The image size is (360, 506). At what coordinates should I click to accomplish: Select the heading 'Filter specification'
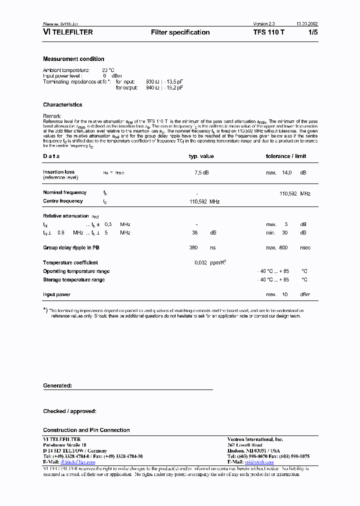[180, 32]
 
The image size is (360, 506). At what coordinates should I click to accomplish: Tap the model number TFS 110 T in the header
[269, 32]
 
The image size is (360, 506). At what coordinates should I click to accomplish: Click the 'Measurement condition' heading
[73, 59]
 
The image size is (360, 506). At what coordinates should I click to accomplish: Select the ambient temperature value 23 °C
[108, 70]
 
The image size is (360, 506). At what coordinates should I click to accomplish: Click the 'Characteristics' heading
[62, 105]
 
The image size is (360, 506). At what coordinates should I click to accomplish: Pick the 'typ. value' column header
[201, 156]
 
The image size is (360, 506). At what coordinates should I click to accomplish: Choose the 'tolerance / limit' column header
[285, 156]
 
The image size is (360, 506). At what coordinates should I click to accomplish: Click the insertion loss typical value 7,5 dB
[201, 172]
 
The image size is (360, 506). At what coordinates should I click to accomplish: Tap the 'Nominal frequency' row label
[64, 192]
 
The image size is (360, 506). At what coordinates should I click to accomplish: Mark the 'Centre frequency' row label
[63, 201]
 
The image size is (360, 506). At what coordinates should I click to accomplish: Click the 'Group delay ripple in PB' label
[74, 247]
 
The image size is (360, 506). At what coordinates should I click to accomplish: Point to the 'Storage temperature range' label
[74, 280]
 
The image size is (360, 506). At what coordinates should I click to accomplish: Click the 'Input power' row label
[56, 295]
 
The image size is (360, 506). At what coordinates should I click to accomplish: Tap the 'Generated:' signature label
[57, 386]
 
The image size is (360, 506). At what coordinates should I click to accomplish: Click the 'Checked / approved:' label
[69, 411]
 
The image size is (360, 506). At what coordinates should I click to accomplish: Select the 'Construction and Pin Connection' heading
[86, 430]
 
